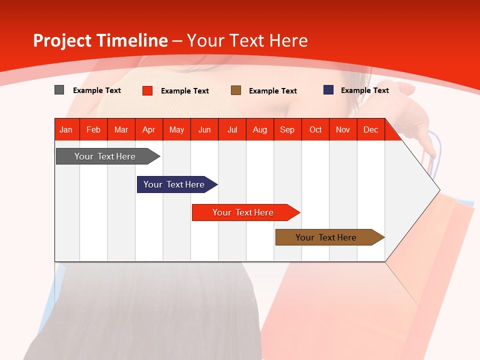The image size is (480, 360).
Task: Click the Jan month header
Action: (x=66, y=129)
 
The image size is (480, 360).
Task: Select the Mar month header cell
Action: (x=121, y=129)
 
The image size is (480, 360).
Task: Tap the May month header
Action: (x=176, y=129)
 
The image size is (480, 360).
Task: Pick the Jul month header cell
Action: (x=232, y=129)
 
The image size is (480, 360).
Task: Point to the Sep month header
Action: (x=287, y=129)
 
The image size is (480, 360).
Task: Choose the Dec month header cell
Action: (x=370, y=129)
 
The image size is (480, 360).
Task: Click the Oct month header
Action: (x=315, y=129)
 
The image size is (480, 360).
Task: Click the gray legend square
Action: (x=59, y=90)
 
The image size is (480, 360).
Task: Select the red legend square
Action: (x=147, y=90)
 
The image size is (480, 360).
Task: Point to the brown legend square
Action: (x=236, y=90)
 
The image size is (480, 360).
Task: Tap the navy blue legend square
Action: (x=328, y=90)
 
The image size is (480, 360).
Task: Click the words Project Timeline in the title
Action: (x=100, y=40)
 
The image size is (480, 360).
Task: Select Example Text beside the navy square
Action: (x=364, y=90)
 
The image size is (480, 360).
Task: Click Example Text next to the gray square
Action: (x=96, y=90)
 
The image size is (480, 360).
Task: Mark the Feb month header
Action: (x=93, y=129)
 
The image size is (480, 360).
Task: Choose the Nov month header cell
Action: (x=343, y=129)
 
